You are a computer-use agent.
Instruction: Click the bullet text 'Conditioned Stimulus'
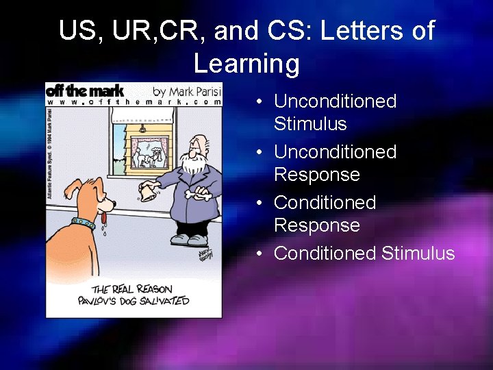pos(364,253)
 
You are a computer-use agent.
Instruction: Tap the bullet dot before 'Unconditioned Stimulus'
pos(260,101)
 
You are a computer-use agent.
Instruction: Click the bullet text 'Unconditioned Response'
pos(335,163)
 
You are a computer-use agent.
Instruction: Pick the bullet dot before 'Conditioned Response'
pos(260,203)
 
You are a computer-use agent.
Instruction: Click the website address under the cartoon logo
pos(134,102)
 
